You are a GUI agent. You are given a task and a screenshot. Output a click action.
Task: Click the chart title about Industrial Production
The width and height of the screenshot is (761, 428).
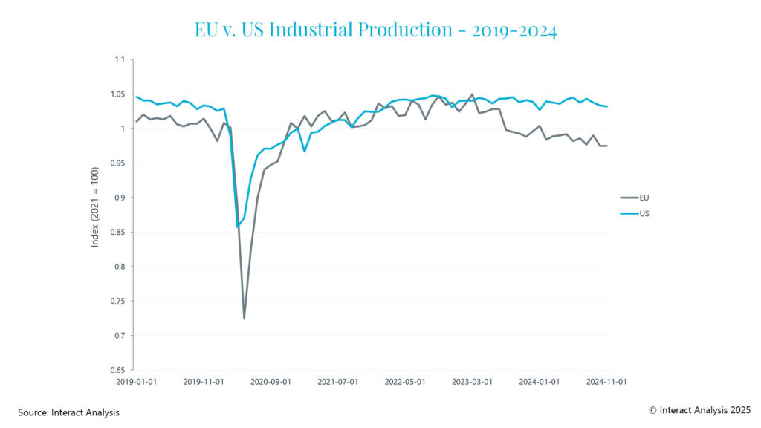click(375, 30)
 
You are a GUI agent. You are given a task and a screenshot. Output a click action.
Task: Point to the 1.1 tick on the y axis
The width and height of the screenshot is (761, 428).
click(120, 59)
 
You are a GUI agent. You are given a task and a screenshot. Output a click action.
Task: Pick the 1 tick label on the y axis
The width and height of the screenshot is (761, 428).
click(124, 129)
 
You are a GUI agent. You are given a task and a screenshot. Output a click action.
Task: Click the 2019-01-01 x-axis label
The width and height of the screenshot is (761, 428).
click(134, 382)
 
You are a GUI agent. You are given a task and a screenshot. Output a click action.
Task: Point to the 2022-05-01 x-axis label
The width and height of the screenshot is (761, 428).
click(404, 382)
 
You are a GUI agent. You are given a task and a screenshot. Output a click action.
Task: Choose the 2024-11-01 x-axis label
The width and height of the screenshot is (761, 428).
click(607, 382)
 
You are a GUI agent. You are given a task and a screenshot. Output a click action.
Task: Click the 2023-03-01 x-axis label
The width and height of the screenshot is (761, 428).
click(472, 382)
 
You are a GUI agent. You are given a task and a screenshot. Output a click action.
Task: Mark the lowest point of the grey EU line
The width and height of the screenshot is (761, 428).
click(244, 318)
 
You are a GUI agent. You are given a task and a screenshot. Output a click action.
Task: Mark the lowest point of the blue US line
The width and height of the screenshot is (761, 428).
click(238, 227)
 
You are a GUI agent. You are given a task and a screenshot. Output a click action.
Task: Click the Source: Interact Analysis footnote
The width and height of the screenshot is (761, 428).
click(68, 412)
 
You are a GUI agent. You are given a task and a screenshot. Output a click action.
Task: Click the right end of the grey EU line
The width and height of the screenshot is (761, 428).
click(607, 146)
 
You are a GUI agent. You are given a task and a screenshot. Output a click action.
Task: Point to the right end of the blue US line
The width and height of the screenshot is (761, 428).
click(607, 106)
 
